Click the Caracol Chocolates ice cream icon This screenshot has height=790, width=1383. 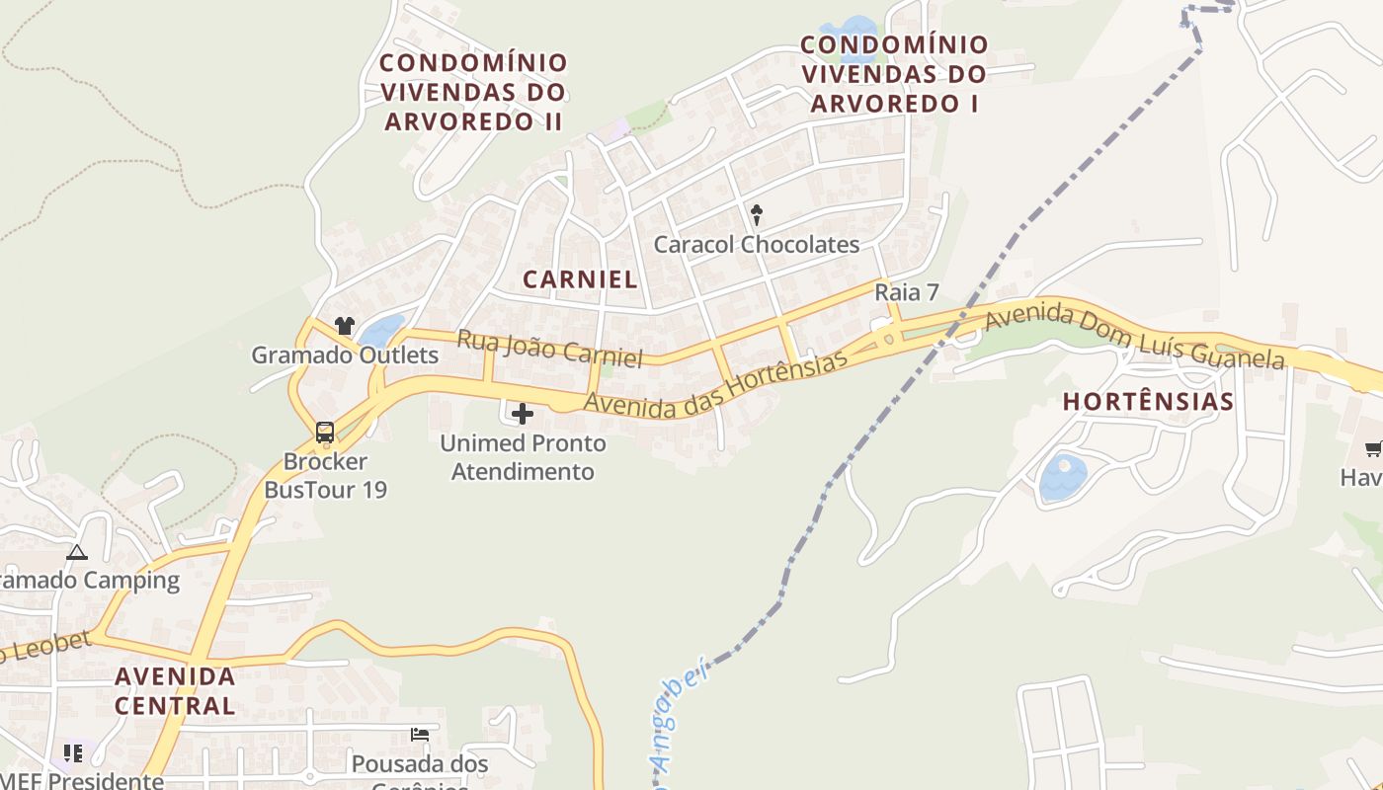[x=757, y=214]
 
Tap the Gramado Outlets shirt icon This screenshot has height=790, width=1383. [x=344, y=325]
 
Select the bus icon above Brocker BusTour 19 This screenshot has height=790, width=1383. [x=325, y=432]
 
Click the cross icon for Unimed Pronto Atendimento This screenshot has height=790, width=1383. [x=523, y=414]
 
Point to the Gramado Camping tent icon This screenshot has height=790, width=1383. [x=77, y=552]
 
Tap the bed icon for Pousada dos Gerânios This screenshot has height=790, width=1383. [x=420, y=735]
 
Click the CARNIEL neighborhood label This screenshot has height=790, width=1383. [x=580, y=279]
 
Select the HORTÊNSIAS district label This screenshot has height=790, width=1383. [x=1148, y=402]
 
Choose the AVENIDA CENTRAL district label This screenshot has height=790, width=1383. [x=175, y=691]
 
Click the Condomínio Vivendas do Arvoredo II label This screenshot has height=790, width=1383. [x=474, y=93]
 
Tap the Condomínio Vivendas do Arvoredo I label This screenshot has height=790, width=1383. [x=894, y=74]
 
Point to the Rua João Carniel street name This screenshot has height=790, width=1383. [x=549, y=348]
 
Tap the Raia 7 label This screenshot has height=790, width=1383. [x=906, y=292]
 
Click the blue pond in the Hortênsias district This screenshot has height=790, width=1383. [x=1063, y=477]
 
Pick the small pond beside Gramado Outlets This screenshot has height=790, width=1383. [x=383, y=330]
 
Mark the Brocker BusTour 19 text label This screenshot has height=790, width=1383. [x=325, y=476]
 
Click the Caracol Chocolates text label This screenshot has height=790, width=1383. [x=757, y=245]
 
